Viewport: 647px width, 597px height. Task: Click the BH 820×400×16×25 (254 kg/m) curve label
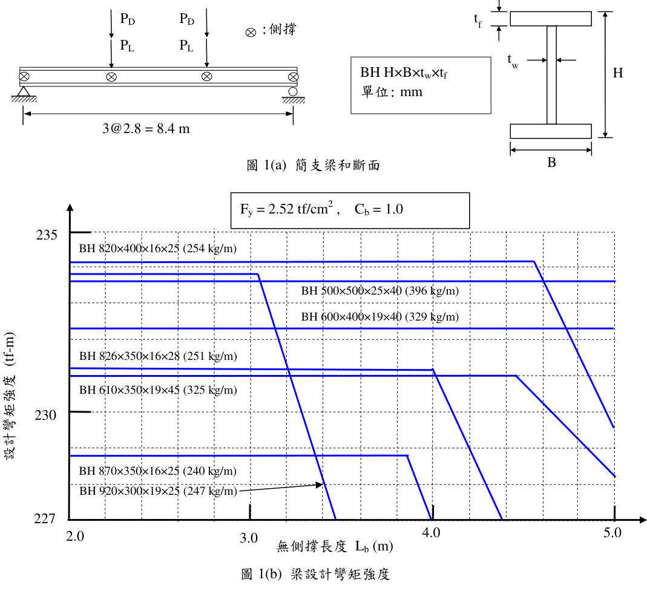[x=157, y=249]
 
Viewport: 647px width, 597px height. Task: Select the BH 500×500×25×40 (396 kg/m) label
[x=379, y=291]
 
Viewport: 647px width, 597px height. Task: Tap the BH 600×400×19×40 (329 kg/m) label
[x=379, y=317]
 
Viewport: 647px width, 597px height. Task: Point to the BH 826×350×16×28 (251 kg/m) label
[x=158, y=356]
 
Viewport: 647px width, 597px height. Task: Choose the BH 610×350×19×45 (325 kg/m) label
[x=158, y=390]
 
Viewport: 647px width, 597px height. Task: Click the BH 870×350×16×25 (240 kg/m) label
[x=157, y=471]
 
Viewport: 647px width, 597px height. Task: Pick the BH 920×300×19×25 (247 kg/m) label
[x=158, y=491]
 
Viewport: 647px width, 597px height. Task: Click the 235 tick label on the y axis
[x=46, y=235]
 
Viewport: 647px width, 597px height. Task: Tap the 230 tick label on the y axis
[x=45, y=415]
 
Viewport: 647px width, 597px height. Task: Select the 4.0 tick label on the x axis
[x=431, y=533]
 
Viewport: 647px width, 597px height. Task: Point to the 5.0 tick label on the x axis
[x=613, y=533]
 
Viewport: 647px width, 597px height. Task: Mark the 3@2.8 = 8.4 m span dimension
[x=146, y=129]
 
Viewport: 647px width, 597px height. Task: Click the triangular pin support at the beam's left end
[x=24, y=91]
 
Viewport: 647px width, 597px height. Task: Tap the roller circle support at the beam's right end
[x=293, y=91]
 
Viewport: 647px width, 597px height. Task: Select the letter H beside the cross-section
[x=618, y=73]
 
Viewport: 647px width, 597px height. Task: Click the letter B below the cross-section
[x=551, y=163]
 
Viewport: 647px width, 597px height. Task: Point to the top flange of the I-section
[x=551, y=19]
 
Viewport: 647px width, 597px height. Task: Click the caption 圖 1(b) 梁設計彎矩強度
[x=316, y=575]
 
